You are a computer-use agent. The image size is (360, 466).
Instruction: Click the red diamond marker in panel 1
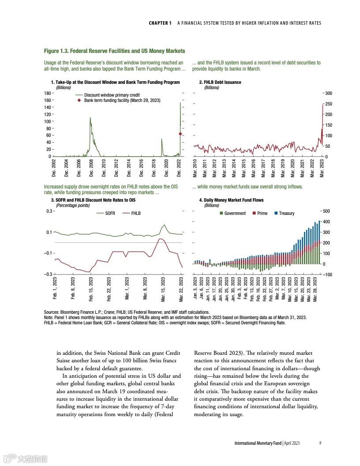pos(180,134)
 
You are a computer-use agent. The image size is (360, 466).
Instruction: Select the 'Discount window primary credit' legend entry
pos(112,95)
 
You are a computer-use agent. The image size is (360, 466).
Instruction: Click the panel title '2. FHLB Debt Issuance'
pos(220,82)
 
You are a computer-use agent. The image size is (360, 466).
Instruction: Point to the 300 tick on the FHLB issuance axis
pos(329,94)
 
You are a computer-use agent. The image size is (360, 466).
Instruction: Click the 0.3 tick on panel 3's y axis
pos(49,211)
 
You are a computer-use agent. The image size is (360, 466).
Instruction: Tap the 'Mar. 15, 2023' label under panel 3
pos(163,289)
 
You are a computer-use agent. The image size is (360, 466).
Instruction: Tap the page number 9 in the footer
pos(320,443)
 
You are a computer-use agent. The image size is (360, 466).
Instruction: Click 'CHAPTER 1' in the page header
pos(160,23)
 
